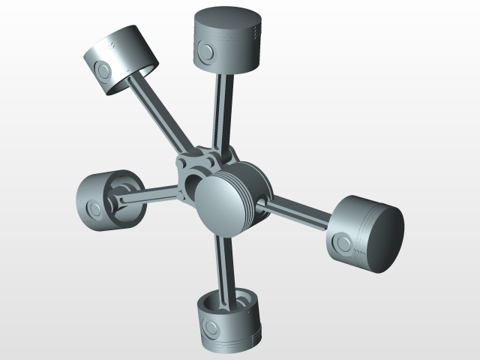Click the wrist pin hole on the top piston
coord(205,51)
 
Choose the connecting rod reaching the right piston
coord(296,213)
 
